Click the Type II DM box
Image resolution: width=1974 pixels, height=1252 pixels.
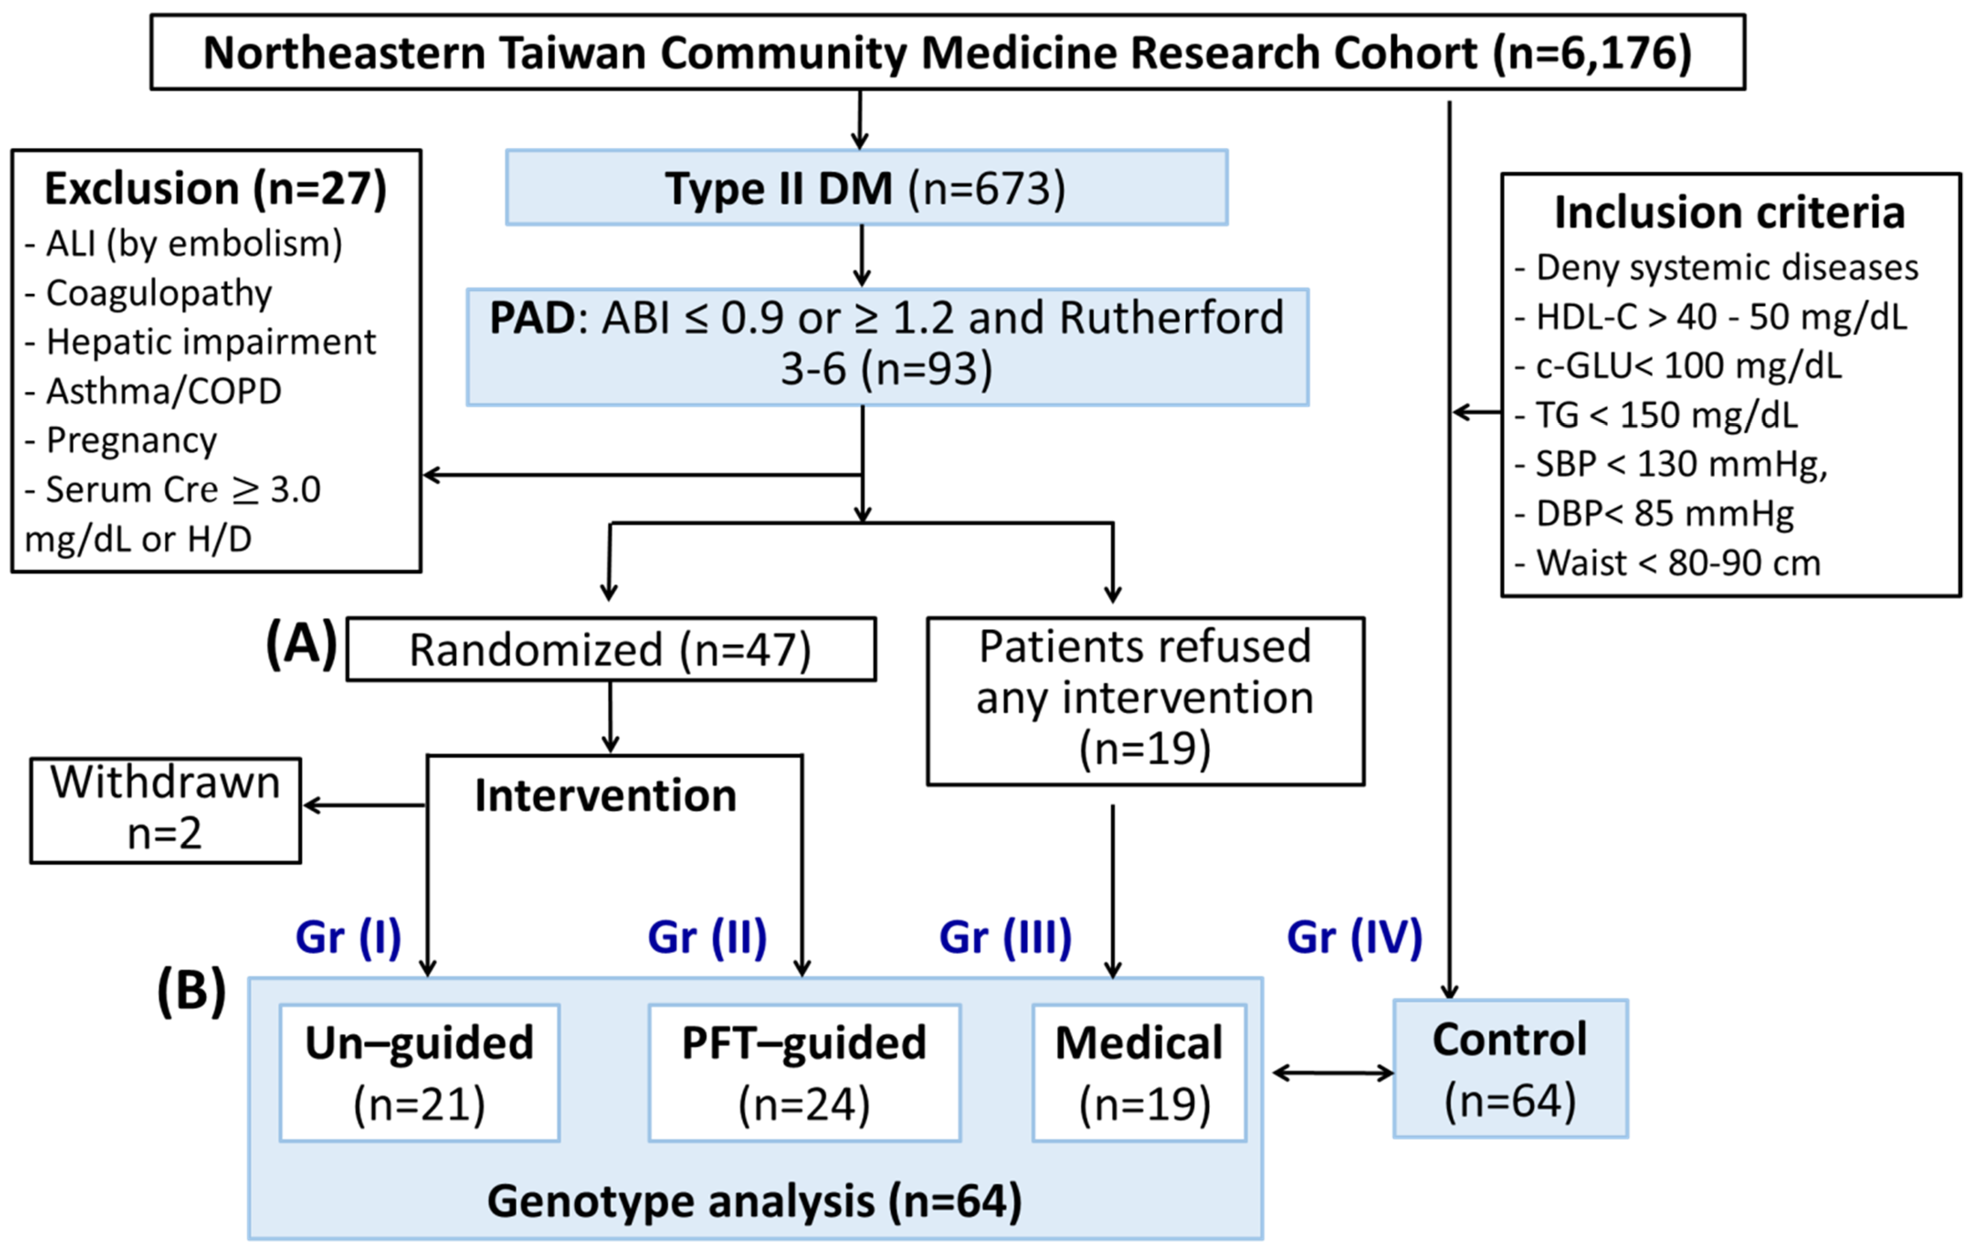coord(867,188)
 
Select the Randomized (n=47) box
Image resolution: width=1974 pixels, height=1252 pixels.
coord(611,649)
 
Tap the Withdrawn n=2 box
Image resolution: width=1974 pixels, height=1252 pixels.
coord(166,809)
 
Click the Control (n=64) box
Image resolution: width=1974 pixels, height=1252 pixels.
coord(1510,1068)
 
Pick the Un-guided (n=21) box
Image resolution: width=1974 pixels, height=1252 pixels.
coord(420,1073)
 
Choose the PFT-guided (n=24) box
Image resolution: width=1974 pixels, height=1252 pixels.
coord(804,1073)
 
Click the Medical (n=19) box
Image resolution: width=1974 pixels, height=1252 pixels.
coord(1139,1073)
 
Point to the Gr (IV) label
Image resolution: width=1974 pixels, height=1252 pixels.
coord(1354,937)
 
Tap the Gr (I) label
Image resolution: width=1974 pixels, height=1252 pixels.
coord(348,937)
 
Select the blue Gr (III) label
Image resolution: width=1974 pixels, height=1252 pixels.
coord(1005,937)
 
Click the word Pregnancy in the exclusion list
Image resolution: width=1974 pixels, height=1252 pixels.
coord(131,440)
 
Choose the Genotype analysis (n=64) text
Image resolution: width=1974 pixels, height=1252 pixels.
coord(754,1201)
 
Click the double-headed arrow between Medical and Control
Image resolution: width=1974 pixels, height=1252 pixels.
coord(1333,1073)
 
